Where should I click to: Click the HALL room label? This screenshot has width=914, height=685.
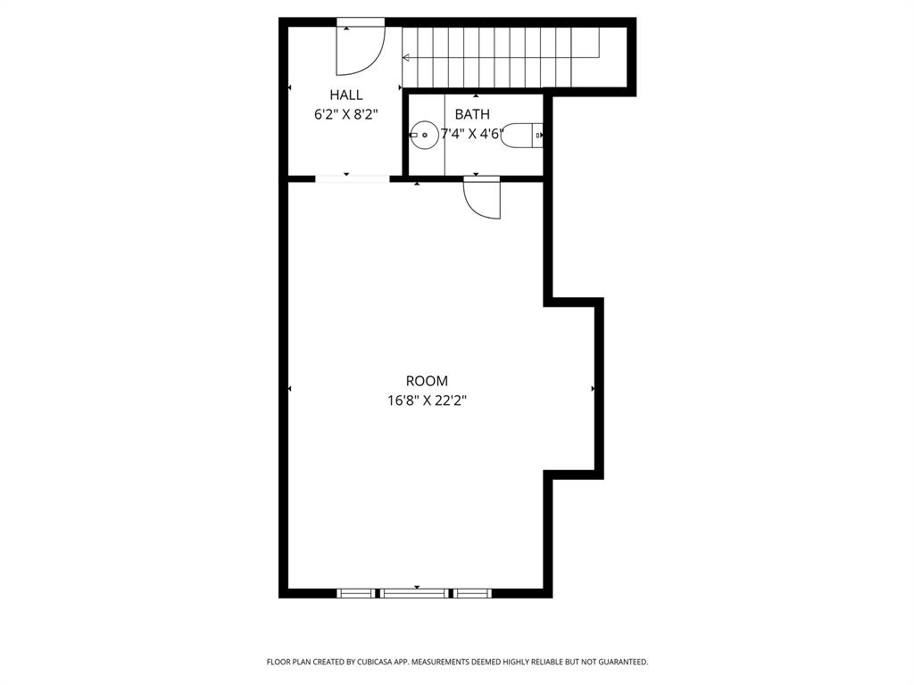tap(346, 95)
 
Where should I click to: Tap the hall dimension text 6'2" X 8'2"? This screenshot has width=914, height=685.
tap(345, 114)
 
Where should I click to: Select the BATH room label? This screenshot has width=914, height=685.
tap(472, 114)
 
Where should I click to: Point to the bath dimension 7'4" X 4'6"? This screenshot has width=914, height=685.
tap(472, 134)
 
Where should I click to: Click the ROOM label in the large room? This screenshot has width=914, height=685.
tap(427, 381)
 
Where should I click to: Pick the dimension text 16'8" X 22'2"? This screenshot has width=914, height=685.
tap(427, 400)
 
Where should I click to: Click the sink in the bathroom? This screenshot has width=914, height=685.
tap(424, 136)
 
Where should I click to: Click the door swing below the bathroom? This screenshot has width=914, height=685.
tap(483, 198)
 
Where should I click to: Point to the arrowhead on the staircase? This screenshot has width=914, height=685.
tap(406, 58)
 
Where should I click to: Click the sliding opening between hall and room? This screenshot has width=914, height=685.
tap(352, 178)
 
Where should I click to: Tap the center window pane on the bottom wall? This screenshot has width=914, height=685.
tap(415, 592)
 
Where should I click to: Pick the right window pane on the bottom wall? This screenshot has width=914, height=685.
tap(473, 592)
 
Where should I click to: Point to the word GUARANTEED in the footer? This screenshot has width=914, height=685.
tap(621, 662)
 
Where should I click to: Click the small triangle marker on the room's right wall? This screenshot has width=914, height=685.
tap(594, 389)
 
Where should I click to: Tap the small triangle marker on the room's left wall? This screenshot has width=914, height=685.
tap(289, 389)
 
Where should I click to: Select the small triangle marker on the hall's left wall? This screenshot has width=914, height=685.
tap(289, 87)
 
